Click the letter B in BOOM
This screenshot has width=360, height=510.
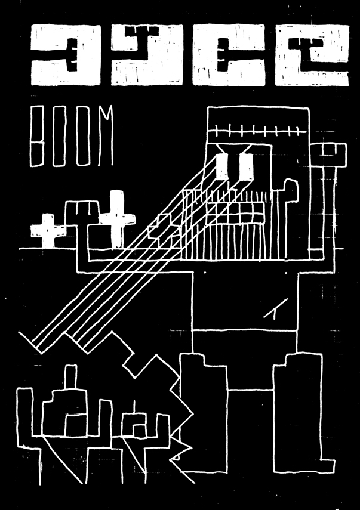coord(38,137)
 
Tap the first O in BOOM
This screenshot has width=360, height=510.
coord(59,137)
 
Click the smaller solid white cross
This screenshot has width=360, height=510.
coord(45,230)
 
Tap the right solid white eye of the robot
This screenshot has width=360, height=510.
coord(247,166)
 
